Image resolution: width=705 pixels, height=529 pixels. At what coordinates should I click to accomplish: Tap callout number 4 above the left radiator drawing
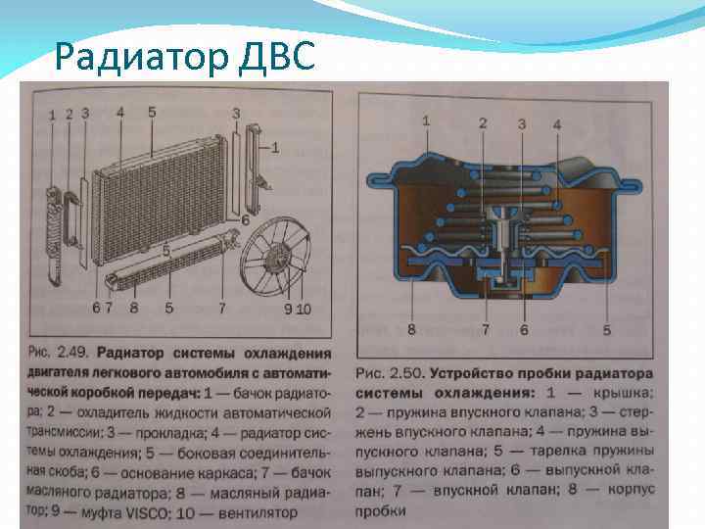[x=120, y=113]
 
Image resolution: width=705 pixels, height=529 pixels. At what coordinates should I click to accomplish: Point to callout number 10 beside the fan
[x=304, y=310]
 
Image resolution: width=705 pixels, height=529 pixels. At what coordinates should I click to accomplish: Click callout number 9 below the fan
[x=288, y=310]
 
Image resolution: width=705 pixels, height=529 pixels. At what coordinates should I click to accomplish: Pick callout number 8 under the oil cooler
[x=133, y=309]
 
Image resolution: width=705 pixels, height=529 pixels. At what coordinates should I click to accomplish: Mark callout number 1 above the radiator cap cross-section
[x=425, y=120]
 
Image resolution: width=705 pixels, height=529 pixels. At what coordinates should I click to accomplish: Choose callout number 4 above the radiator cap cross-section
[x=556, y=124]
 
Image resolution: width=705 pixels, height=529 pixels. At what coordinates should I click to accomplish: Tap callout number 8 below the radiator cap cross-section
[x=411, y=330]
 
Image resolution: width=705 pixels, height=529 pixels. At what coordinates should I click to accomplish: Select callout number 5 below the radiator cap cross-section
[x=606, y=331]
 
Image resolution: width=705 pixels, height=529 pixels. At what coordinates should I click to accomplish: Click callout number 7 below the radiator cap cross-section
[x=485, y=331]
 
